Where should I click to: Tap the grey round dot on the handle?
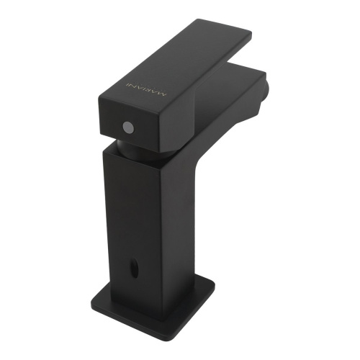[x=127, y=127]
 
